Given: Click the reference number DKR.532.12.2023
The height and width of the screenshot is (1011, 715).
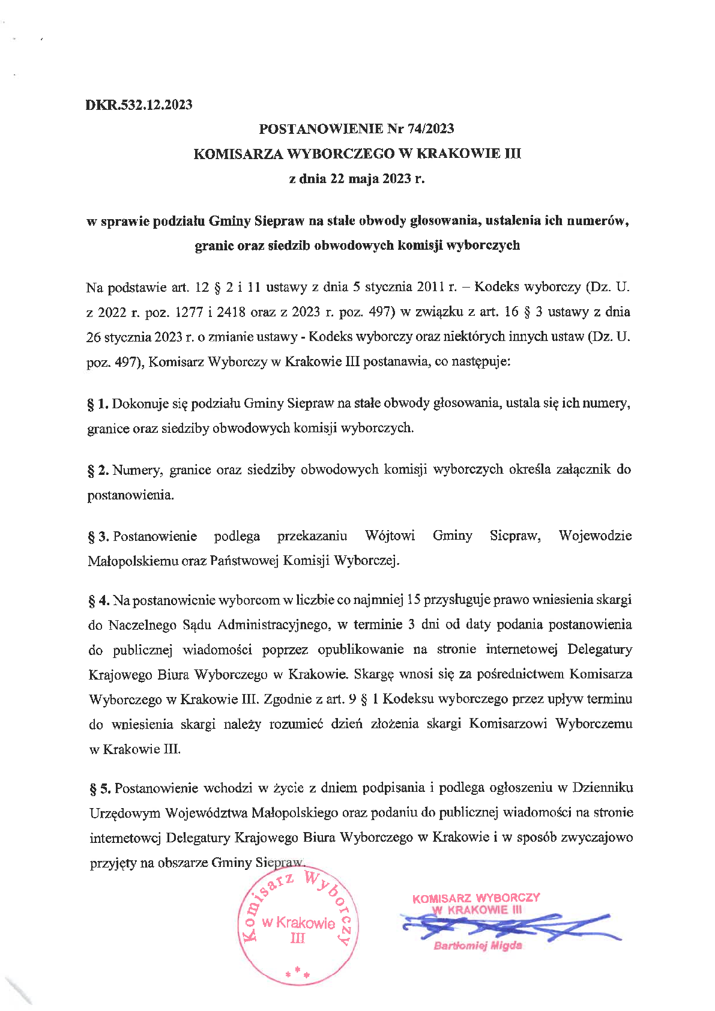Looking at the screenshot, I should click(139, 105).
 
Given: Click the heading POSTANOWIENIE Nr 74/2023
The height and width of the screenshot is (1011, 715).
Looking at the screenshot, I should click(357, 128).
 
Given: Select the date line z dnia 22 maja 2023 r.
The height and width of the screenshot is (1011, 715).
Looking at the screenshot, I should click(357, 178).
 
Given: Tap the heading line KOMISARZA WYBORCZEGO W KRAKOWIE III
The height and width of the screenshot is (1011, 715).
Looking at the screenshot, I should click(357, 154).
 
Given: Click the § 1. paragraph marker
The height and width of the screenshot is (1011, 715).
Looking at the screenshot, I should click(98, 404).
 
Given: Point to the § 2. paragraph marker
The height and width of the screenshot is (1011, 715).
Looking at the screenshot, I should click(98, 470).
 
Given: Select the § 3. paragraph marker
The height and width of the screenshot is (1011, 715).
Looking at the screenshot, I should click(98, 536).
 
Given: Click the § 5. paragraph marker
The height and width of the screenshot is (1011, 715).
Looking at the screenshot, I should click(100, 788).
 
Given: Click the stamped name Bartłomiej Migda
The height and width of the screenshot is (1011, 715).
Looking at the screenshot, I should click(477, 946).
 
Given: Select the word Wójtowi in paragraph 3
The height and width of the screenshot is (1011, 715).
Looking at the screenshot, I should click(390, 536).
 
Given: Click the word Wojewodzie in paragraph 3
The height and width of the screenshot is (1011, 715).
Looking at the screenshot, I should click(595, 536).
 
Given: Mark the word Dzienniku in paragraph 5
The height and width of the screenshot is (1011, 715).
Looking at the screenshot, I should click(603, 788).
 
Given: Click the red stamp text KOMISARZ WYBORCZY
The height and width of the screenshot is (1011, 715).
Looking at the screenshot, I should click(476, 898).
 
